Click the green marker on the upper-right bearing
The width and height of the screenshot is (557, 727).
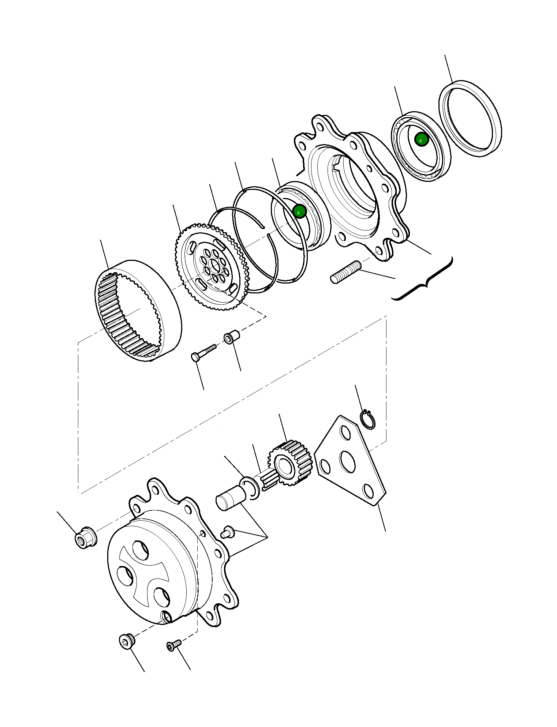pyautogui.click(x=421, y=140)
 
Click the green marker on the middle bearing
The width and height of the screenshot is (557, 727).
pyautogui.click(x=299, y=211)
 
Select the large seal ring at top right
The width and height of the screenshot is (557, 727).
pyautogui.click(x=470, y=118)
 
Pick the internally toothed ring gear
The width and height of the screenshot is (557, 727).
pyautogui.click(x=138, y=311)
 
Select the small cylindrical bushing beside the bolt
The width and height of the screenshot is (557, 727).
pyautogui.click(x=231, y=337)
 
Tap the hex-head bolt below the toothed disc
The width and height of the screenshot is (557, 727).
pyautogui.click(x=203, y=352)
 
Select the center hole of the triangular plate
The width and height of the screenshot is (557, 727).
pyautogui.click(x=347, y=461)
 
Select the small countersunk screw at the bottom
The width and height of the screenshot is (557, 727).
pyautogui.click(x=173, y=645)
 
